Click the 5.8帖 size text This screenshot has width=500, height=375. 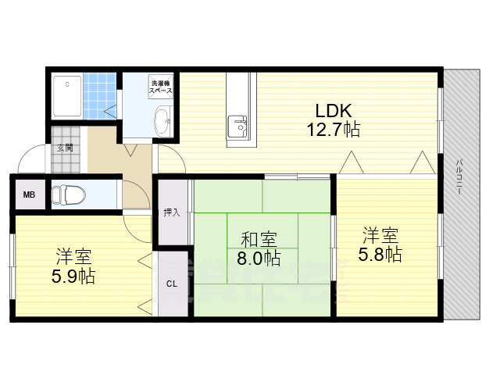click(380, 255)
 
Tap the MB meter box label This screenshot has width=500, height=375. click(29, 195)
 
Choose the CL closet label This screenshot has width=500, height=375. click(172, 283)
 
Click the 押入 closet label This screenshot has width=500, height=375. click(172, 212)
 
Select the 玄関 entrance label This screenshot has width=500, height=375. click(64, 147)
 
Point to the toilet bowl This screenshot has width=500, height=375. click(66, 195)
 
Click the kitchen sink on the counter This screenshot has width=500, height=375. click(237, 125)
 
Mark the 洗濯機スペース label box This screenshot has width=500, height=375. click(161, 87)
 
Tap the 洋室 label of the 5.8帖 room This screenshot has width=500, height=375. click(380, 235)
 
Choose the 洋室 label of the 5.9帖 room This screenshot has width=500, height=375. click(73, 256)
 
